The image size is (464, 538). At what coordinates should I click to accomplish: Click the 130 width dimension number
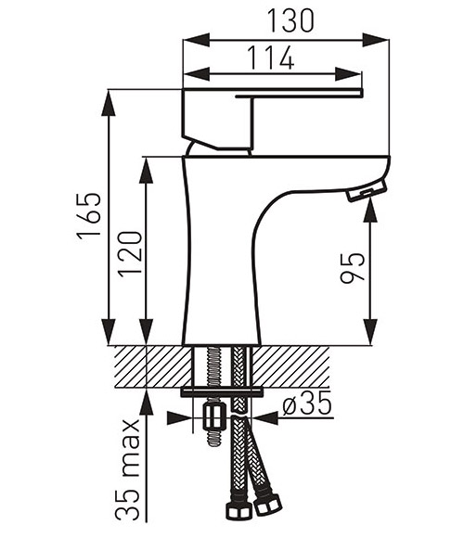(x=290, y=20)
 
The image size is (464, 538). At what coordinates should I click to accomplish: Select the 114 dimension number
(x=271, y=58)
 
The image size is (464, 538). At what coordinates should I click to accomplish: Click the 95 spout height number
(x=353, y=268)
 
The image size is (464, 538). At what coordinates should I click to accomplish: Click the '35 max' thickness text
(x=127, y=469)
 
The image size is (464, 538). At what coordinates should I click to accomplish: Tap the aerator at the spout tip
(x=367, y=192)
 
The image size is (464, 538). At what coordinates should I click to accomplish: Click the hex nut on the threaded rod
(x=214, y=416)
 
